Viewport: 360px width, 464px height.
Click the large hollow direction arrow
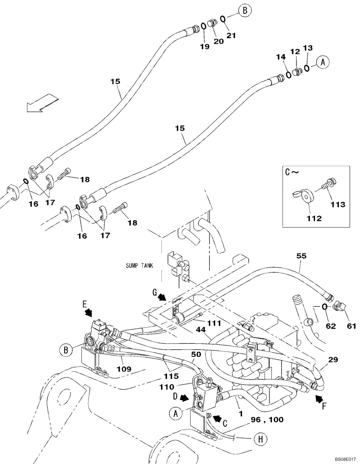41,103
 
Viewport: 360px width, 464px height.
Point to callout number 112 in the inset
314,218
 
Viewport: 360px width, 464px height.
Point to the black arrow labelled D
185,398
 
